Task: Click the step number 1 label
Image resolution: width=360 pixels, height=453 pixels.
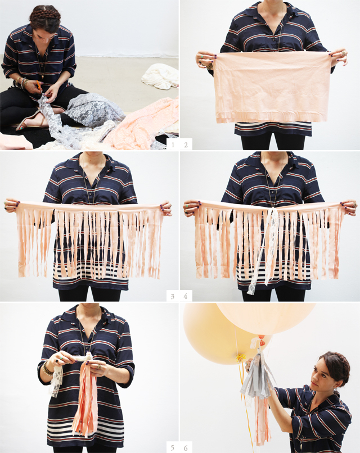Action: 173,145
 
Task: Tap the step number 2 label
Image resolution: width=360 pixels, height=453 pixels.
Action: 186,145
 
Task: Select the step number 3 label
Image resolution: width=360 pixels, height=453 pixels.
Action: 173,296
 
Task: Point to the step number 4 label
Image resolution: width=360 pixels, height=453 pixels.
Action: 186,296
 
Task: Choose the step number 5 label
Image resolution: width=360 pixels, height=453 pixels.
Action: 173,447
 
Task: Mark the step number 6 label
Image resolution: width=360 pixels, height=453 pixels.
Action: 186,447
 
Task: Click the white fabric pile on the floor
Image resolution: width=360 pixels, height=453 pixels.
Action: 160,75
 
